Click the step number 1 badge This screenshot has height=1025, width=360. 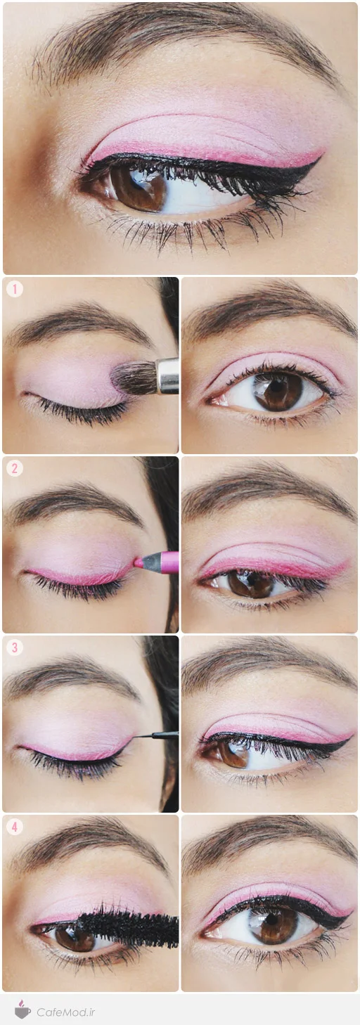pyautogui.click(x=15, y=289)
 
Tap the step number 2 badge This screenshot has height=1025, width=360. pyautogui.click(x=15, y=468)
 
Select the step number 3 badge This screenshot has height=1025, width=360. pyautogui.click(x=15, y=647)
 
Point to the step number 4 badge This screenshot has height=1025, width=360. pyautogui.click(x=15, y=827)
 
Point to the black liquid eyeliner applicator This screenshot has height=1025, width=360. pyautogui.click(x=155, y=736)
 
